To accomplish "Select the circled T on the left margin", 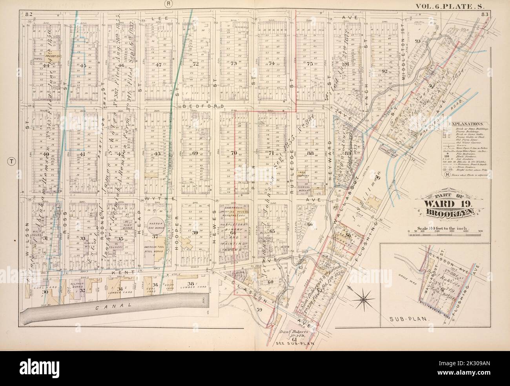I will (x=12, y=162).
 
